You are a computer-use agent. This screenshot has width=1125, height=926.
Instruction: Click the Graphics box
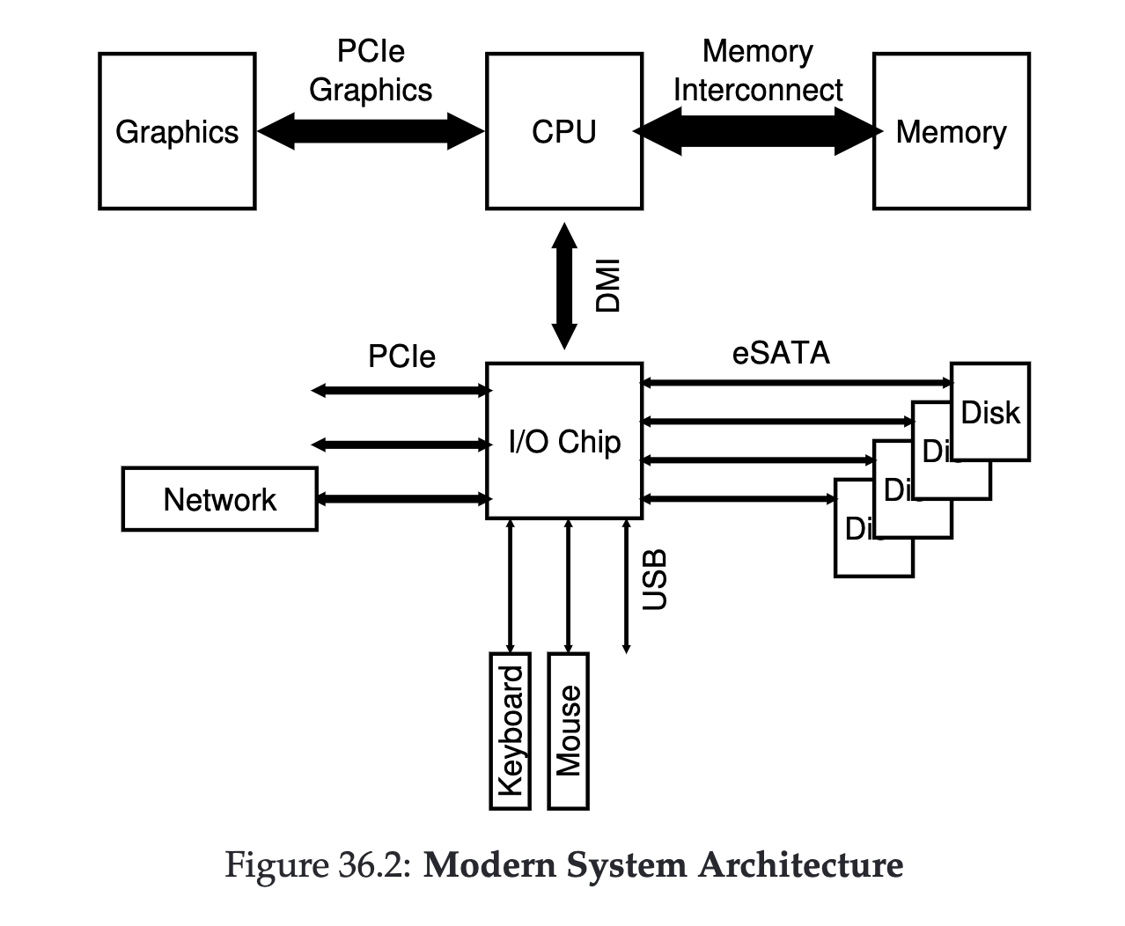tap(177, 131)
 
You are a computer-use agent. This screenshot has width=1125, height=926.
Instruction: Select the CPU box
tap(564, 131)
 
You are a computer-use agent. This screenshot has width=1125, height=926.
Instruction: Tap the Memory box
tap(952, 131)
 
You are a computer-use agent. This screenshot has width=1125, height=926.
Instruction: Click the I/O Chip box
tap(564, 441)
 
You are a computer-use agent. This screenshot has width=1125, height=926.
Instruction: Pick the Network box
tap(220, 499)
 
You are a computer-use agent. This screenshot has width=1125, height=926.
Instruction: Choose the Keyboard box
tap(510, 731)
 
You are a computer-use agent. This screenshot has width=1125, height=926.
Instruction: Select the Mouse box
tap(568, 731)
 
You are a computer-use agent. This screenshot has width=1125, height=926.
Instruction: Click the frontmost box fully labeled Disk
tap(990, 412)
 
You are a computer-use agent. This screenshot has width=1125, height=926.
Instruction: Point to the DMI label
tap(607, 285)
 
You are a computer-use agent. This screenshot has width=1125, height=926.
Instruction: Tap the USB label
tap(655, 580)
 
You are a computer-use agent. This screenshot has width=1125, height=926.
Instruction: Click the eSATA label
tap(781, 353)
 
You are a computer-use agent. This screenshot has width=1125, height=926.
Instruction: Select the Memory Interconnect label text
tap(758, 70)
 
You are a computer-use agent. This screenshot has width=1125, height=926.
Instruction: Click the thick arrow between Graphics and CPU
tap(371, 131)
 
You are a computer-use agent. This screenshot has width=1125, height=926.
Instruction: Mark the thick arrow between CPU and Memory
tap(758, 131)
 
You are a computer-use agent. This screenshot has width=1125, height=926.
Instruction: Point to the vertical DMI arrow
tap(564, 286)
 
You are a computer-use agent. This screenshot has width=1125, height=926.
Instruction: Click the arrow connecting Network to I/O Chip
tap(403, 499)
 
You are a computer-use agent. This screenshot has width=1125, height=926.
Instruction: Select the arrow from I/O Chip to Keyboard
tap(510, 586)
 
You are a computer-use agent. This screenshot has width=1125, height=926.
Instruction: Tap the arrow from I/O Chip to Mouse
tap(568, 586)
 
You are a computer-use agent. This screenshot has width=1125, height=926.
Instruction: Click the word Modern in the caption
tap(489, 864)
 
